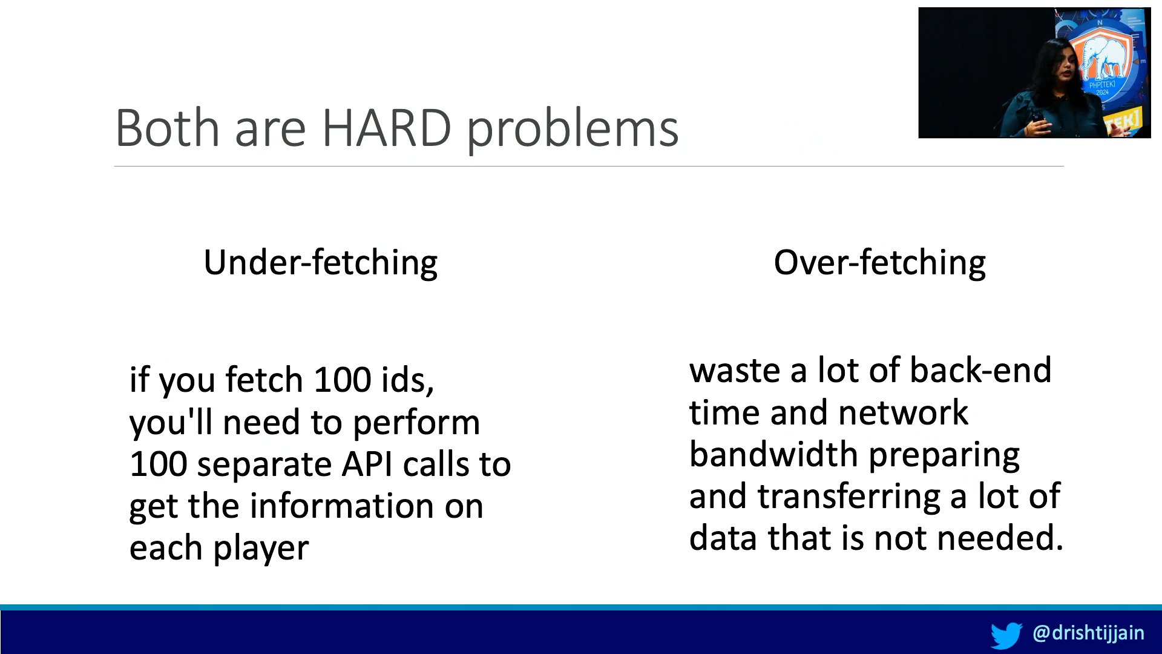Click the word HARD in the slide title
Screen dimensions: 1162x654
point(386,128)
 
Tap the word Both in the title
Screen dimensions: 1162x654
point(167,128)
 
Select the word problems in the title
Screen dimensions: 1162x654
point(573,130)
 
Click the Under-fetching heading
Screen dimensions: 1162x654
point(321,263)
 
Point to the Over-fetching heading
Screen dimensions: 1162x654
point(879,263)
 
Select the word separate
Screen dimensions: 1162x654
point(264,466)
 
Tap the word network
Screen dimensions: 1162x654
point(904,412)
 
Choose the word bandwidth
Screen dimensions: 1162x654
point(773,454)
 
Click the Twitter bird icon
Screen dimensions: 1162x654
point(1006,635)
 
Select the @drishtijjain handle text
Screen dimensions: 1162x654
point(1088,633)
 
